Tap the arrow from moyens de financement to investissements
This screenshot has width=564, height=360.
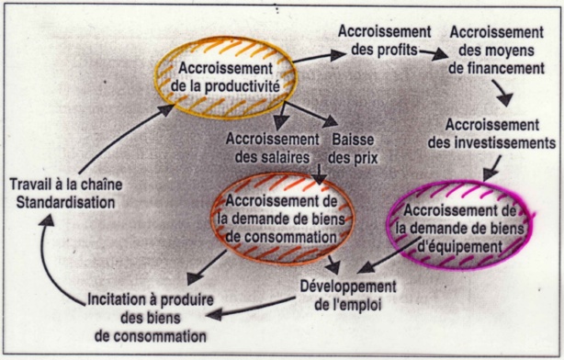point(502,95)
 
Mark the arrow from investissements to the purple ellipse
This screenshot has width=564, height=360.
point(491,166)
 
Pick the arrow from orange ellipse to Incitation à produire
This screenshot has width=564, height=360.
point(202,269)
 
